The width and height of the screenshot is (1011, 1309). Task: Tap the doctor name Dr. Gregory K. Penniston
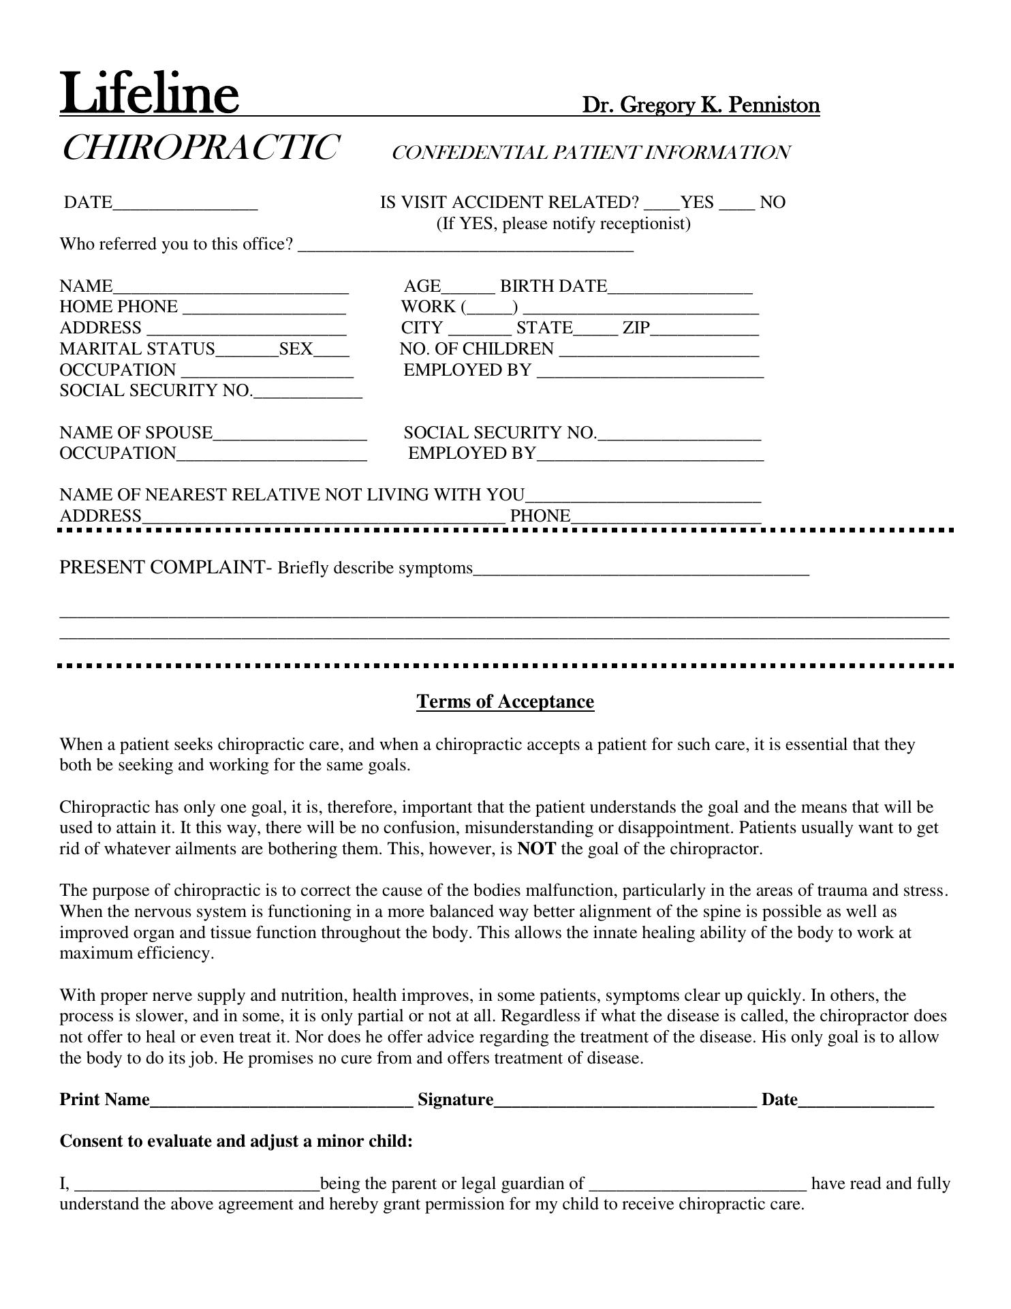(700, 106)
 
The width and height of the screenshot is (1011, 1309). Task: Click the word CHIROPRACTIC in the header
(200, 148)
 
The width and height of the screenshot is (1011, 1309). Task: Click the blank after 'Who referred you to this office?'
(466, 246)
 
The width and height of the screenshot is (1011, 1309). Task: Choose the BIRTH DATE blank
(680, 288)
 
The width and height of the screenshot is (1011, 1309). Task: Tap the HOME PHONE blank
(264, 309)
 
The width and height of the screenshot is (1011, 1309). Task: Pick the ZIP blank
(704, 330)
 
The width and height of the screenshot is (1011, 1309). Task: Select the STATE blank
(595, 330)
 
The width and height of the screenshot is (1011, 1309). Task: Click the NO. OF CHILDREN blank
(658, 351)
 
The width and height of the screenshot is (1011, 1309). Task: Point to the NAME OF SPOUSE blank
(290, 435)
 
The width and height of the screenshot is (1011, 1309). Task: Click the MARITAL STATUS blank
(247, 351)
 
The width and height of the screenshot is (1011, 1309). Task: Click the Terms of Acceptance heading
(505, 702)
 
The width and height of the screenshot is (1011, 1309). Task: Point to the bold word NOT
(536, 849)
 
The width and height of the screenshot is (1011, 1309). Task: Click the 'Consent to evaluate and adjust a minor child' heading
(236, 1141)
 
